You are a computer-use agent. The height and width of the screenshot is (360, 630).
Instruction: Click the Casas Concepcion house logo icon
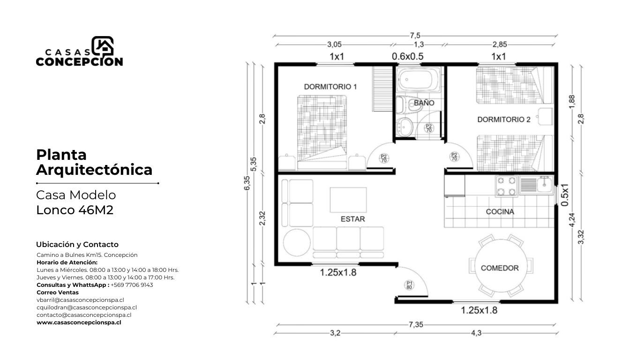click(x=103, y=46)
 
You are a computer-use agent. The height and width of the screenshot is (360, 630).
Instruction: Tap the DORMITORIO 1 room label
click(x=330, y=87)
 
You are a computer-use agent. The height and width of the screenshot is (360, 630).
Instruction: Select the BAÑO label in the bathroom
click(x=424, y=103)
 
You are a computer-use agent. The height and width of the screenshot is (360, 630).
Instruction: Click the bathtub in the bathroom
click(x=418, y=79)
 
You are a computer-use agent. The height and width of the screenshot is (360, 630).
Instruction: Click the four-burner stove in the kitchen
click(x=506, y=186)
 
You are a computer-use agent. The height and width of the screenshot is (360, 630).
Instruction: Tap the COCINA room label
click(x=500, y=211)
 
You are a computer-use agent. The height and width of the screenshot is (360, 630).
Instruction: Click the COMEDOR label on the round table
click(x=500, y=268)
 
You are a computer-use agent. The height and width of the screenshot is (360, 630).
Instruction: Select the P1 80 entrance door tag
click(x=409, y=285)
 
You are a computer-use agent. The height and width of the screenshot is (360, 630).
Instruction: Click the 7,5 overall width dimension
click(x=415, y=36)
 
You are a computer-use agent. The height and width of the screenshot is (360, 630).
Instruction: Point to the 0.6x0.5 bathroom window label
click(x=407, y=57)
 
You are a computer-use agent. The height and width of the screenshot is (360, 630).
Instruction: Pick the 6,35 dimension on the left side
click(x=247, y=183)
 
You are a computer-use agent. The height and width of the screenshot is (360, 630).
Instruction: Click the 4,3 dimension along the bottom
click(x=476, y=333)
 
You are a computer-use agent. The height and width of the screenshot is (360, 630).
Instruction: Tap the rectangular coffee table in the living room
click(x=348, y=200)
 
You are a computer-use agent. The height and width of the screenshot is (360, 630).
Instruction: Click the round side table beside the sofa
click(x=297, y=242)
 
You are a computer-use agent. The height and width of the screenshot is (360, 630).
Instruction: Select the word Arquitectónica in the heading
click(x=94, y=170)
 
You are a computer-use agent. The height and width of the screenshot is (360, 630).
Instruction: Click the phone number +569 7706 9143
click(x=132, y=285)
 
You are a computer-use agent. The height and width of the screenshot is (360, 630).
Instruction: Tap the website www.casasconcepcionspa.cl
click(x=79, y=322)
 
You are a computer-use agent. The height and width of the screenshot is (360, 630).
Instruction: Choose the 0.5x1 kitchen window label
click(x=565, y=195)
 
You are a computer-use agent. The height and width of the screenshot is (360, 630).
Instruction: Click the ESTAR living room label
click(x=352, y=219)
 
